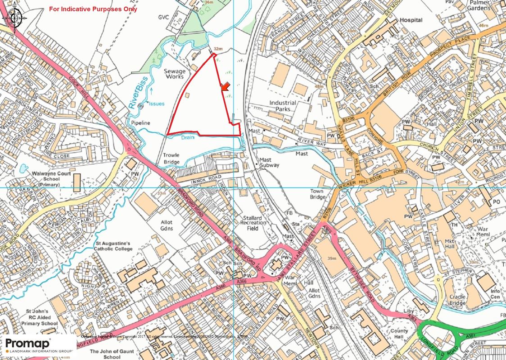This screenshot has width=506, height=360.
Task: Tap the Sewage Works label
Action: [174, 74]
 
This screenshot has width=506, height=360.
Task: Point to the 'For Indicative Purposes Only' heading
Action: [94, 9]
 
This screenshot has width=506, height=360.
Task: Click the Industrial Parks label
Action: [283, 106]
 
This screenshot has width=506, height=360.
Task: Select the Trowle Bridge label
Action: [171, 158]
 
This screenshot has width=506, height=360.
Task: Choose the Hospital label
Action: [411, 20]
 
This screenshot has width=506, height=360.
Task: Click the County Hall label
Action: [399, 334]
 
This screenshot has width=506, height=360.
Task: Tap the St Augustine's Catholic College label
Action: [113, 246]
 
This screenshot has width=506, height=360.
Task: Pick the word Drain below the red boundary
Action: [188, 138]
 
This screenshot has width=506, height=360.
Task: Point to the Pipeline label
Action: [140, 122]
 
